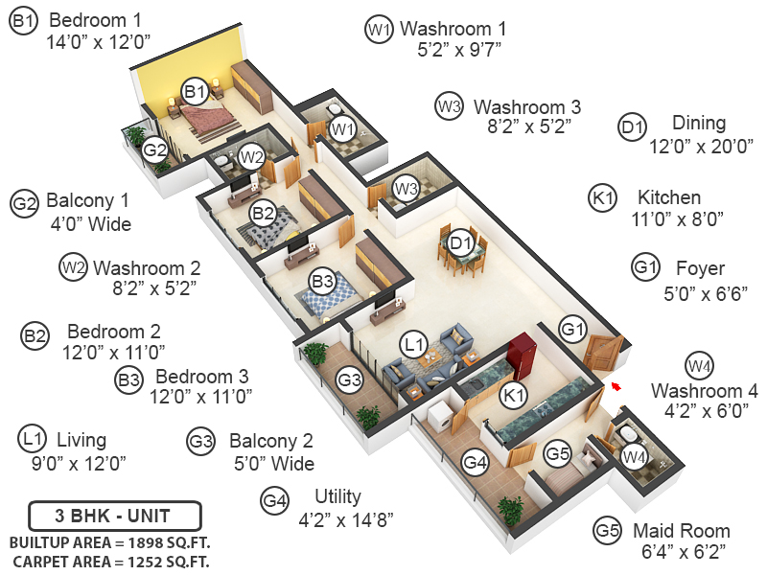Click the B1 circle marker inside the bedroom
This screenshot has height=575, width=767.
[x=196, y=92]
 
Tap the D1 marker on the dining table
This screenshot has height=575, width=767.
[x=461, y=242]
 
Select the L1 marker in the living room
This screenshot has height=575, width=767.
[x=413, y=342]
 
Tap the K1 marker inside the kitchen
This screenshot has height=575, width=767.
[x=515, y=395]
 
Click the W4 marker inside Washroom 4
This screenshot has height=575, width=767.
[x=633, y=457]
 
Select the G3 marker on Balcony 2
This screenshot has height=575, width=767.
[x=352, y=380]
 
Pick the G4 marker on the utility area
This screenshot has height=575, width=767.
[x=476, y=463]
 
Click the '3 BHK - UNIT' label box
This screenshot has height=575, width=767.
[x=115, y=516]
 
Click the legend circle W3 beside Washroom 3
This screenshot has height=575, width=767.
[x=449, y=106]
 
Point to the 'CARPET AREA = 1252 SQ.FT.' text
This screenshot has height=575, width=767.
[x=111, y=561]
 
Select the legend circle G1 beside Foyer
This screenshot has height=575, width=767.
[x=645, y=267]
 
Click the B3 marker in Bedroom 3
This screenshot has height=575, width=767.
[x=323, y=282]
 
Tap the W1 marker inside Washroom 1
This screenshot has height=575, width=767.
[x=342, y=128]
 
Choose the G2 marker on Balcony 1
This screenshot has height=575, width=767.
[x=155, y=149]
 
